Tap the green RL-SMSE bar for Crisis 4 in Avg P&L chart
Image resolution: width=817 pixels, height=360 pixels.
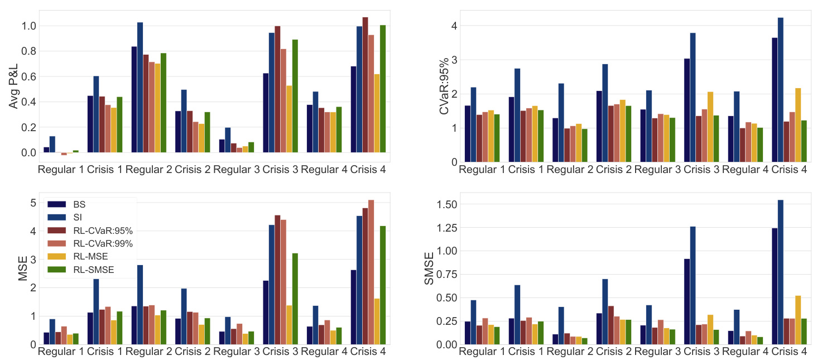[383, 89]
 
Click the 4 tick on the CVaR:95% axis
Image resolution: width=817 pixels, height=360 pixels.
[454, 26]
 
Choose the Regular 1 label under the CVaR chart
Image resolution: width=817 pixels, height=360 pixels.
[482, 169]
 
